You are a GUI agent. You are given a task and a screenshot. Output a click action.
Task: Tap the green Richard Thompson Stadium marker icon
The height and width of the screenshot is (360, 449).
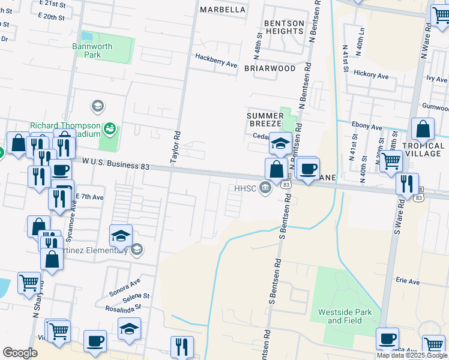(x=109, y=128)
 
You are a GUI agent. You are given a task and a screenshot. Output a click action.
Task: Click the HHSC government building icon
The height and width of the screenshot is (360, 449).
(x=265, y=189)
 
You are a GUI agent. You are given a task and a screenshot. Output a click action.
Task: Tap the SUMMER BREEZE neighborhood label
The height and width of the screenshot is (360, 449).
(x=265, y=119)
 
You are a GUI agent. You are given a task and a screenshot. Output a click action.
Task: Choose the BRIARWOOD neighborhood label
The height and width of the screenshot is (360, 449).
(x=270, y=68)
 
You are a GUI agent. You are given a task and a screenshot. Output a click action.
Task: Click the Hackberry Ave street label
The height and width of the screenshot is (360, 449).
(x=216, y=60)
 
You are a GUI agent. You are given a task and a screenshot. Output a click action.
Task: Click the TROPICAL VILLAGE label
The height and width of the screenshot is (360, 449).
(x=423, y=149)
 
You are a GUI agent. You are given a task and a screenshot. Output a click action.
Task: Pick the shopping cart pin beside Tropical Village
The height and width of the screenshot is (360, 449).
(x=391, y=160)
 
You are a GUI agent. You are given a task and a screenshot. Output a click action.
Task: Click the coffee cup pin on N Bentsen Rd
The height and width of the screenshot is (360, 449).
(x=308, y=169)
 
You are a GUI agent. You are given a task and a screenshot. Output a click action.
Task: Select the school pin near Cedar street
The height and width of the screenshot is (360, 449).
(x=280, y=143)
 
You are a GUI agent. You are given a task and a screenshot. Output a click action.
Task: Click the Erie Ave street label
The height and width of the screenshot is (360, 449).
(x=408, y=280)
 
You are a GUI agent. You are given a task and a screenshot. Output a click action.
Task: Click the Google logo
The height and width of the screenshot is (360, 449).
(x=19, y=352)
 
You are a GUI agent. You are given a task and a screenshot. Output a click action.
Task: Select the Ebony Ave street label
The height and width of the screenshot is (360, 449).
(x=367, y=127)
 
